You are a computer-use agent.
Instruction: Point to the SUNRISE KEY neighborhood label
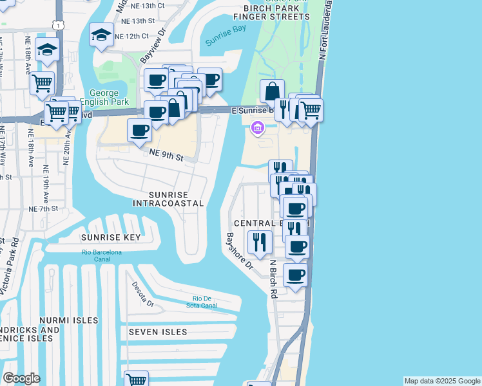(110, 237)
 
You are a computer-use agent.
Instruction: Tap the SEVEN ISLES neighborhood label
(157, 332)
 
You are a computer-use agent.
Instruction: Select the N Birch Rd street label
(273, 280)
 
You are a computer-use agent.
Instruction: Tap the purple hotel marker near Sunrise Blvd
(258, 129)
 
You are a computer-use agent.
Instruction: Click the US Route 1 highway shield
(59, 24)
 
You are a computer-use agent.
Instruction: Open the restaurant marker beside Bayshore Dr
(259, 242)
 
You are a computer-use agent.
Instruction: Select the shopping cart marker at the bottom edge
(136, 380)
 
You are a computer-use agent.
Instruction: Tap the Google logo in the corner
(21, 378)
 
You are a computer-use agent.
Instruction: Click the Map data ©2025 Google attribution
(442, 381)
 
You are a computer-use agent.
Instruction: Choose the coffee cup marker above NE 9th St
(139, 131)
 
